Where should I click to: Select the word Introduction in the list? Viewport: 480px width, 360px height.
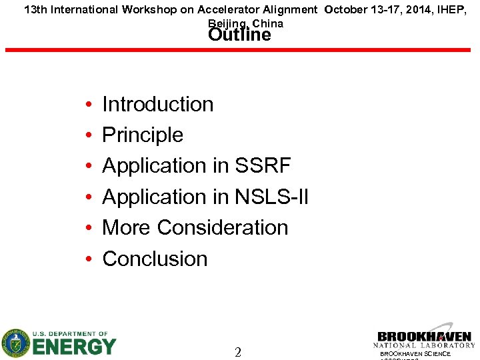pyautogui.click(x=157, y=104)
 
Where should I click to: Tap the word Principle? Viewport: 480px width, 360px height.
pyautogui.click(x=142, y=135)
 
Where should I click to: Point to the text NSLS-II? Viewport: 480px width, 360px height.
pyautogui.click(x=271, y=197)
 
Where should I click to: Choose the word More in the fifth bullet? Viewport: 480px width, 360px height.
pyautogui.click(x=126, y=227)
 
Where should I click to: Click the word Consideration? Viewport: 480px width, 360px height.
pyautogui.click(x=223, y=227)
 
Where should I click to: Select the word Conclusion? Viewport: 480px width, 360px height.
pyautogui.click(x=155, y=259)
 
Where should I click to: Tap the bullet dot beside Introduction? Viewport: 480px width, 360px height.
pyautogui.click(x=89, y=105)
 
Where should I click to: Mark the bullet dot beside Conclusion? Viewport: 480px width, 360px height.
pyautogui.click(x=89, y=260)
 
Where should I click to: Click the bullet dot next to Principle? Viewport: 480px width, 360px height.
pyautogui.click(x=89, y=136)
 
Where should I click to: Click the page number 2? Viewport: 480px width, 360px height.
pyautogui.click(x=238, y=352)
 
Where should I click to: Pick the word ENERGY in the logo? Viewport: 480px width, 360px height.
pyautogui.click(x=75, y=347)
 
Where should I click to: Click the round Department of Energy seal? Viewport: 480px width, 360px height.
pyautogui.click(x=15, y=343)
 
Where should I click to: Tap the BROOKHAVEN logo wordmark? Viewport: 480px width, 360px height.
pyautogui.click(x=424, y=337)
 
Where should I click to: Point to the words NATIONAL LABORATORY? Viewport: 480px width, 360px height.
pyautogui.click(x=424, y=345)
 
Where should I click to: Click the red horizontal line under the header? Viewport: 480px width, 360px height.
pyautogui.click(x=239, y=50)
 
